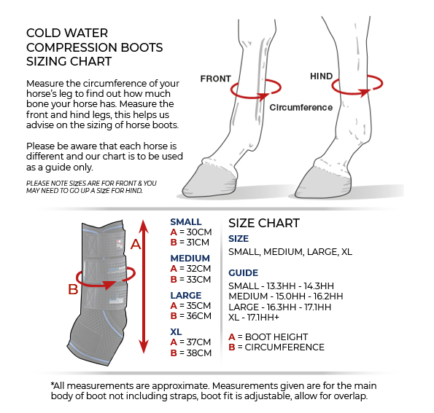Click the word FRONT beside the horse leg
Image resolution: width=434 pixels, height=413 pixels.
tap(216, 79)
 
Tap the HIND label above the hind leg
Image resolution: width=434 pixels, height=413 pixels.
tap(321, 76)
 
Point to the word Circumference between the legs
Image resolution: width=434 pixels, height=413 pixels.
tap(301, 107)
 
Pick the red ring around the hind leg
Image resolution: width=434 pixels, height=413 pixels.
tap(357, 87)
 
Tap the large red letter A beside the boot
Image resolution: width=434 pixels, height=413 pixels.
tap(135, 245)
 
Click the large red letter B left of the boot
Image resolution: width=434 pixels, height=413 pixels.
tap(72, 289)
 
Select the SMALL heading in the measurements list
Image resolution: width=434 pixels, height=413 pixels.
tap(186, 222)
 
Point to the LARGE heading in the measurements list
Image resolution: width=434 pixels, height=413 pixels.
tap(186, 295)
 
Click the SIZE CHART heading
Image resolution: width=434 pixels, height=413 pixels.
tap(263, 223)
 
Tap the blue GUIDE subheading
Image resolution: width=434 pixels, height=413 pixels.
tap(243, 272)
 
